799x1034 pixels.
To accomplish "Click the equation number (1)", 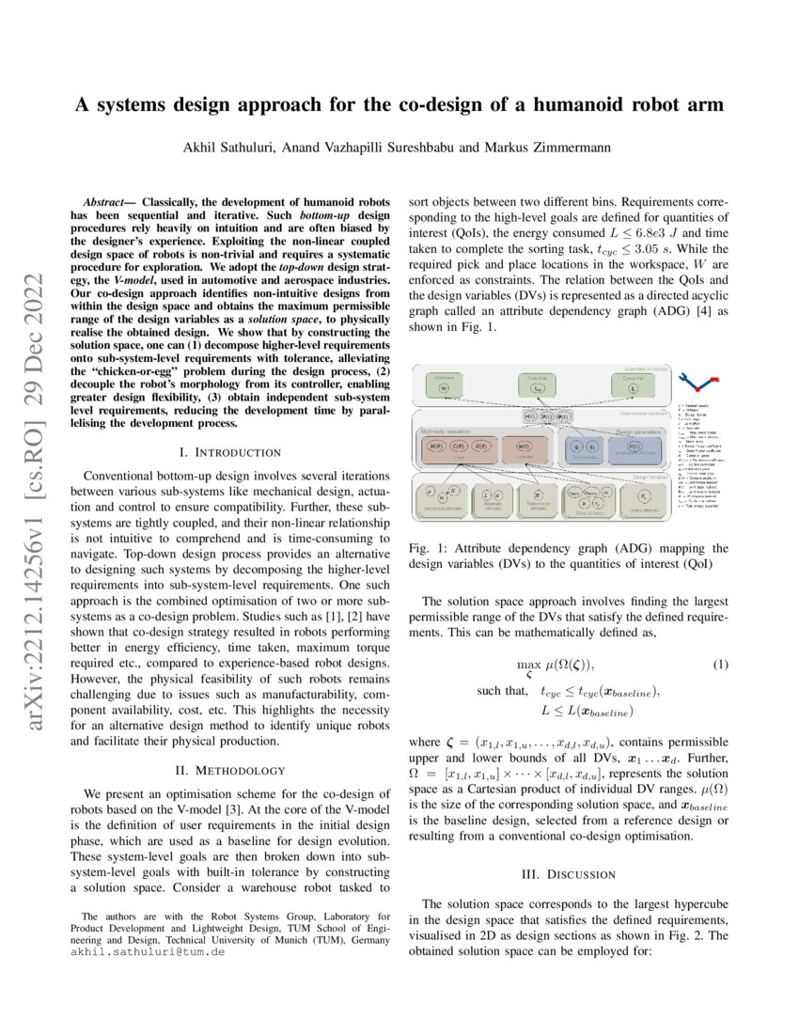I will [x=719, y=666].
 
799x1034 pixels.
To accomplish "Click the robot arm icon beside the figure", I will [x=700, y=384].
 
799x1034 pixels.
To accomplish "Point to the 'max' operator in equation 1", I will [x=529, y=666].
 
